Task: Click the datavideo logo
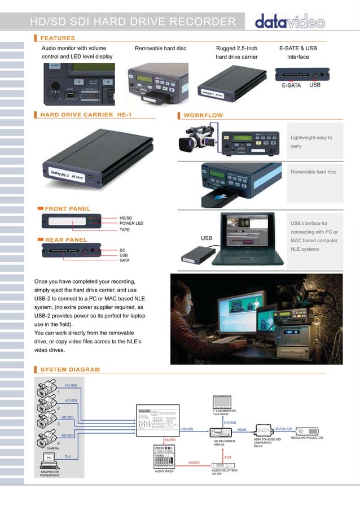[x=290, y=23]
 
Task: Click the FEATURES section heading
[x=58, y=38]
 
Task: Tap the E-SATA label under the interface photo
[x=291, y=86]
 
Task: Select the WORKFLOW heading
[x=203, y=115]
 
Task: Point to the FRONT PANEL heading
[x=67, y=209]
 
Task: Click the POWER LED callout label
[x=131, y=224]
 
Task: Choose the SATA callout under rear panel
[x=125, y=260]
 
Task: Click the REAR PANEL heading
[x=66, y=239]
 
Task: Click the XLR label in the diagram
[x=228, y=457]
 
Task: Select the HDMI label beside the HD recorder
[x=242, y=430]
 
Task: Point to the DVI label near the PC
[x=68, y=455]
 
